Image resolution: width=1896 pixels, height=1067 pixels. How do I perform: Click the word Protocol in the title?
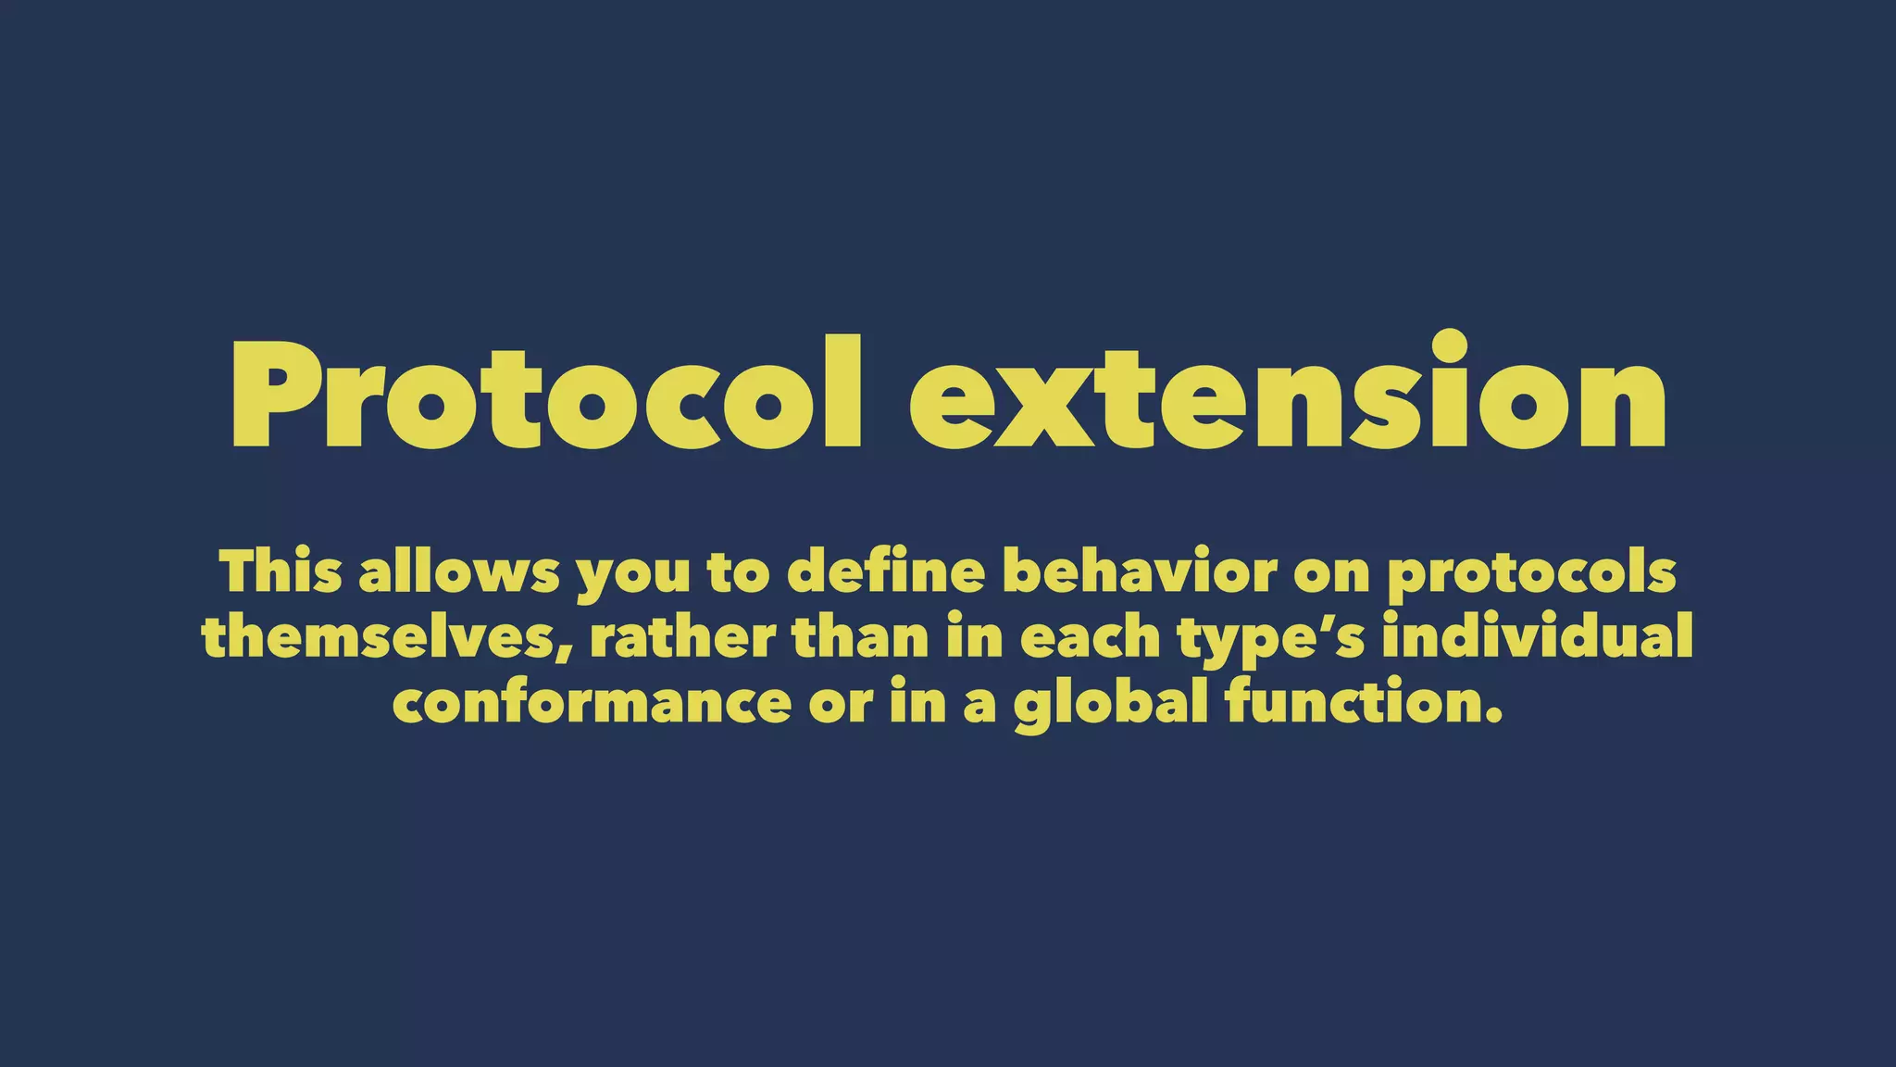pos(546,394)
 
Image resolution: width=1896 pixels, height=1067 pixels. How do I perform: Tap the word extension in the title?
pos(1287,394)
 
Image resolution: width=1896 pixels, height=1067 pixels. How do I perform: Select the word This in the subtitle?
pos(281,571)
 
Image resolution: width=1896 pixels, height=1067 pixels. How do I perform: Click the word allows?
pos(459,571)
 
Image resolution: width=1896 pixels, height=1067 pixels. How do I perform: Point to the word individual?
pos(1537,637)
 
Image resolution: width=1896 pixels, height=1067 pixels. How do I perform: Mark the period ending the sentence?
pos(1491,717)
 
